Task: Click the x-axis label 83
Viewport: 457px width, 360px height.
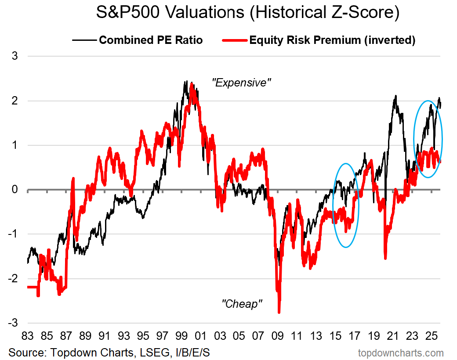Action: pyautogui.click(x=27, y=337)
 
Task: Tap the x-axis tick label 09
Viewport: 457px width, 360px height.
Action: pyautogui.click(x=278, y=337)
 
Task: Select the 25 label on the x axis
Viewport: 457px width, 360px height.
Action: pyautogui.click(x=432, y=337)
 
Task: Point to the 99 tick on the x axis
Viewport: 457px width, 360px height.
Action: pyautogui.click(x=181, y=337)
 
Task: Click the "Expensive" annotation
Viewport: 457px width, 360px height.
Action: pyautogui.click(x=239, y=83)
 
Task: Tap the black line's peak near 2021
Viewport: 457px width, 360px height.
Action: pyautogui.click(x=396, y=96)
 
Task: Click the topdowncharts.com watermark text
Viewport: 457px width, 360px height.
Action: pyautogui.click(x=401, y=353)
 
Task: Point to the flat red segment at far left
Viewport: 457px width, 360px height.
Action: pyautogui.click(x=32, y=287)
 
